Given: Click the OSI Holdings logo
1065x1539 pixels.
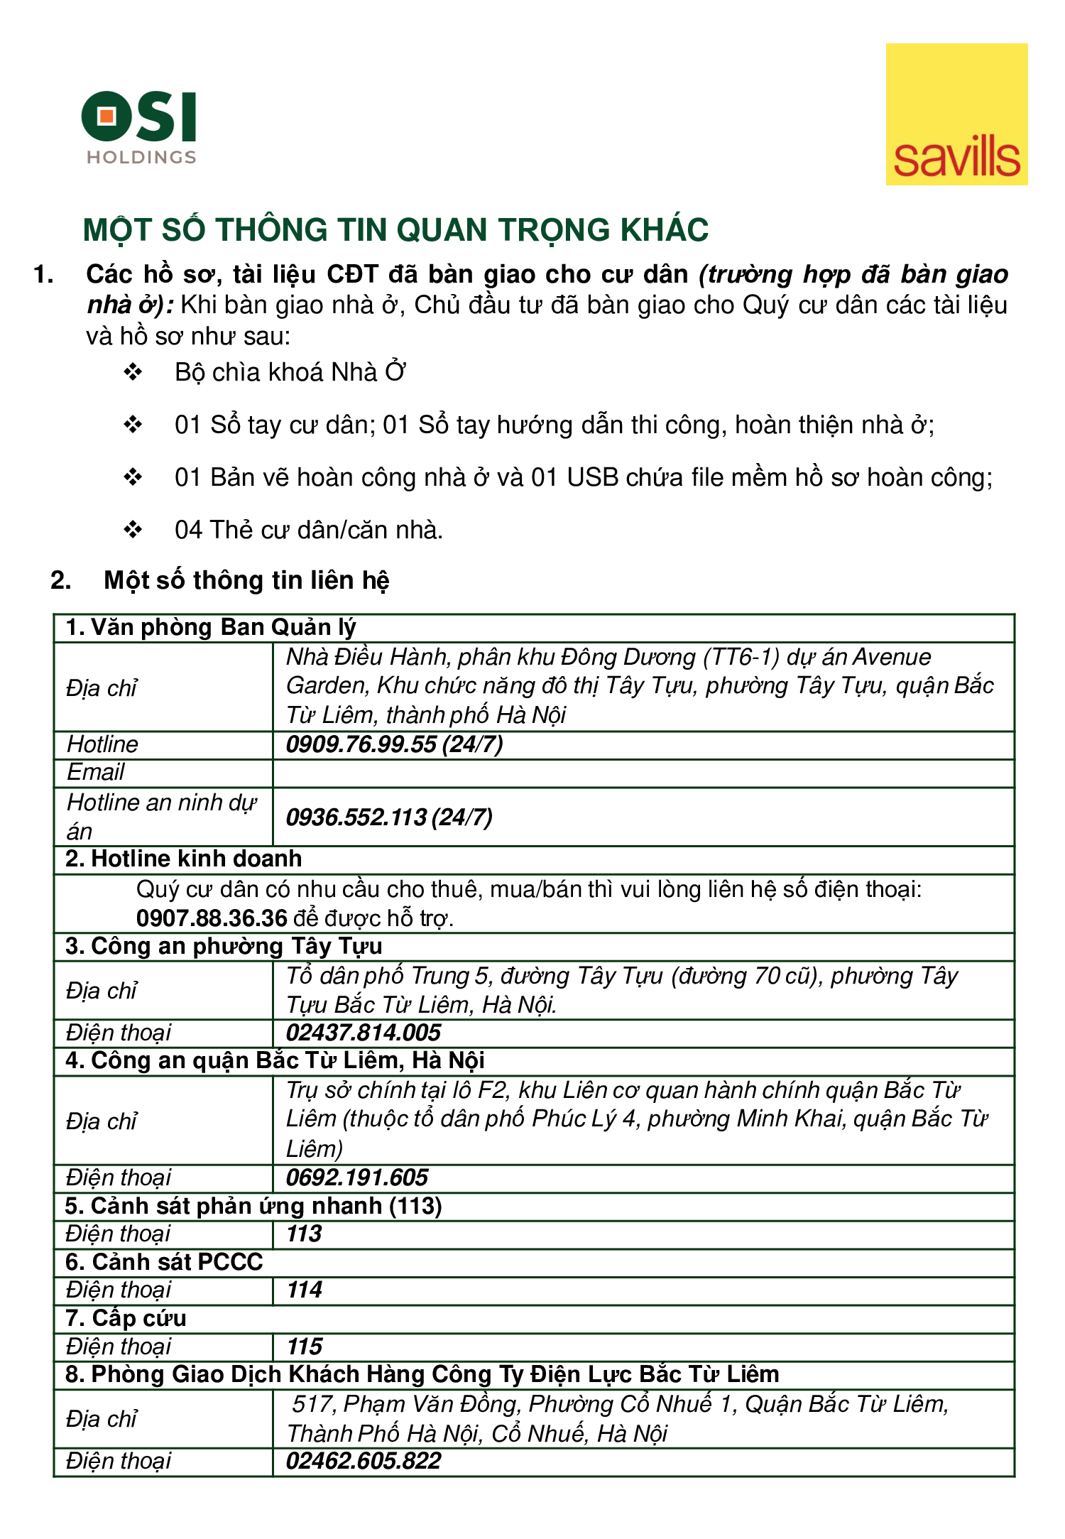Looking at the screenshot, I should tap(139, 126).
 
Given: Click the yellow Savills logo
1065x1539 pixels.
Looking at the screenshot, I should tap(956, 114).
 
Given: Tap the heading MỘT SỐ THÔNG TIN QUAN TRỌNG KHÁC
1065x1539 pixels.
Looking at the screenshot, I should tap(395, 230).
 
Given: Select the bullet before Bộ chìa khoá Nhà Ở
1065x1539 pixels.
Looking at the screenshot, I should tap(133, 371).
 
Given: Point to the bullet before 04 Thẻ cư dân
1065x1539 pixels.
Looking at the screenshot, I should tap(133, 529).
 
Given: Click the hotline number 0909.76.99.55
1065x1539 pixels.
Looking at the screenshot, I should tap(361, 744).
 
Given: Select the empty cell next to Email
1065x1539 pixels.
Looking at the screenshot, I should tap(643, 773).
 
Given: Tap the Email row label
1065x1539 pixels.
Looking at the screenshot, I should tap(96, 773).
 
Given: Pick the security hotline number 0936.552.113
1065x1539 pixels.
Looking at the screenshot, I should tap(356, 817).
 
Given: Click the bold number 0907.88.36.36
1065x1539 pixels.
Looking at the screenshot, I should tap(212, 918).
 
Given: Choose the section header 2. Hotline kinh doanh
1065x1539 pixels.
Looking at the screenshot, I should tap(184, 859).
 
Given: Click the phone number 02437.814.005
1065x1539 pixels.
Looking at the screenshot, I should tap(364, 1033).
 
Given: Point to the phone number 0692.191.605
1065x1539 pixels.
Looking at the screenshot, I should tap(357, 1178).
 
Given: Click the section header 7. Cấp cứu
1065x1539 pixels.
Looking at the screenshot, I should tap(126, 1318).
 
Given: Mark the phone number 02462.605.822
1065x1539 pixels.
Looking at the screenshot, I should tap(364, 1461).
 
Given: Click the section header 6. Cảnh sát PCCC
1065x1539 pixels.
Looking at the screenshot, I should tap(164, 1262).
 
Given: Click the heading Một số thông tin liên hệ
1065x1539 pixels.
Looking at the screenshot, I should tap(246, 580).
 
